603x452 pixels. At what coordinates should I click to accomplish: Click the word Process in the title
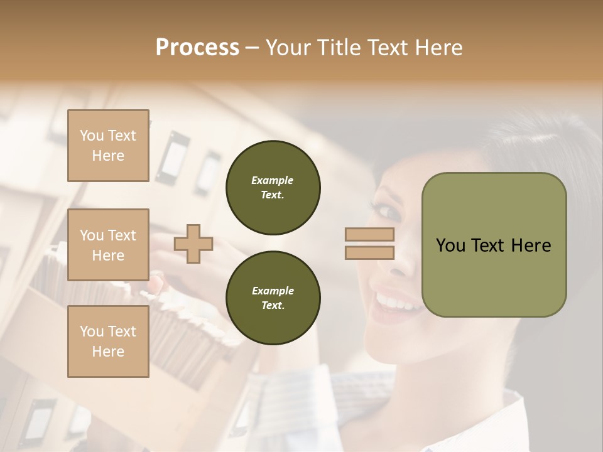coord(197,48)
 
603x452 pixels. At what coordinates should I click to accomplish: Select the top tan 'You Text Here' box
coord(108,146)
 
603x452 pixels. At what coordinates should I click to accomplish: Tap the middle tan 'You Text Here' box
coord(108,245)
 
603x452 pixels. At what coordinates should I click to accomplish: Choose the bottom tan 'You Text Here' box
coord(108,342)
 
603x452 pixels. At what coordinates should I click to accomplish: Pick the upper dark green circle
coord(273,188)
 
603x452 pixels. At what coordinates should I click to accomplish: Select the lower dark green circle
coord(273,298)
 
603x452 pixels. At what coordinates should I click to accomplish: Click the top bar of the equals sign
coord(369,235)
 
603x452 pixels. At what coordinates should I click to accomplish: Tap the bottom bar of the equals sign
coord(369,253)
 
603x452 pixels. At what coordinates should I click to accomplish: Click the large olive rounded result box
coord(494,245)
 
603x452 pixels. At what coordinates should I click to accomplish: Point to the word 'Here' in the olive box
coord(531,245)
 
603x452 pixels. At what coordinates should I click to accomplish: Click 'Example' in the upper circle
coord(273,181)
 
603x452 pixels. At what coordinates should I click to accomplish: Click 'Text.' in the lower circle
coord(273,306)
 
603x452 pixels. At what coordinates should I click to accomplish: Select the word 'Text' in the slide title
coord(388,48)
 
